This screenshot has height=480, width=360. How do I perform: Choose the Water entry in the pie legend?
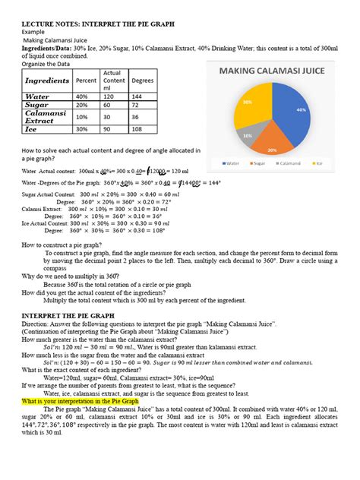230,163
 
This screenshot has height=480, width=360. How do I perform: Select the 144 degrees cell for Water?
142,97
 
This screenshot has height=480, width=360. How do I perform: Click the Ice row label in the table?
34,129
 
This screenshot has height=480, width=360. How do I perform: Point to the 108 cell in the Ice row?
142,129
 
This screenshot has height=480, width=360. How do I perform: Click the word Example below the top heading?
33,33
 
